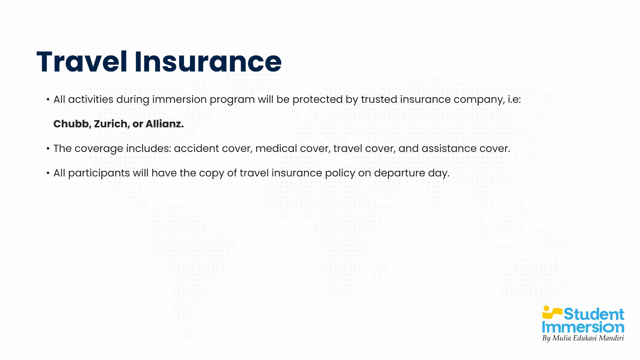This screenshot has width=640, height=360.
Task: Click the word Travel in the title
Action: pyautogui.click(x=82, y=62)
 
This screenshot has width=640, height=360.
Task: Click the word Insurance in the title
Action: pyautogui.click(x=208, y=62)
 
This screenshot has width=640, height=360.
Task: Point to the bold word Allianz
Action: pyautogui.click(x=164, y=124)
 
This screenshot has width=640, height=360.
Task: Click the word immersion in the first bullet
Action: pyautogui.click(x=179, y=100)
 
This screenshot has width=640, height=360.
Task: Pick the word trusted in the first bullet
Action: pyautogui.click(x=379, y=100)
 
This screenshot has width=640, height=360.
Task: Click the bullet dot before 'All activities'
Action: pyautogui.click(x=48, y=100)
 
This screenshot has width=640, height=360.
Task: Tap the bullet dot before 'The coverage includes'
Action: pyautogui.click(x=48, y=149)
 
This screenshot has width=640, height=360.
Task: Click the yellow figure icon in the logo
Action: pyautogui.click(x=552, y=312)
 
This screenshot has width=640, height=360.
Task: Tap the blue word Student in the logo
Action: pyautogui.click(x=594, y=314)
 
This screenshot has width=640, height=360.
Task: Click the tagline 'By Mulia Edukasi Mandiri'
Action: pyautogui.click(x=583, y=338)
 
